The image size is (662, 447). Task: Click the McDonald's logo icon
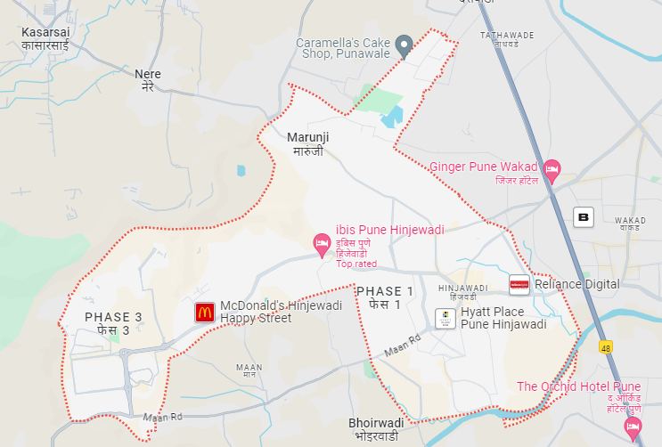click(x=205, y=312)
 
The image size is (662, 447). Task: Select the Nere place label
click(x=148, y=80)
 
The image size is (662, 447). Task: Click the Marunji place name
click(x=308, y=143)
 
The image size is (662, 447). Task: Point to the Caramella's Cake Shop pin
click(x=403, y=45)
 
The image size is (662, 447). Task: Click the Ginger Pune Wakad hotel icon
click(x=552, y=168)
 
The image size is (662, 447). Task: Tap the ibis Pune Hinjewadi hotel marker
click(x=323, y=242)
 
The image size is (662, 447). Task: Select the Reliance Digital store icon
click(x=519, y=284)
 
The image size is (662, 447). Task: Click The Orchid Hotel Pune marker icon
click(x=633, y=427)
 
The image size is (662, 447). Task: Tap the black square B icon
click(x=584, y=216)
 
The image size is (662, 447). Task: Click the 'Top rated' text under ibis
click(x=356, y=264)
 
